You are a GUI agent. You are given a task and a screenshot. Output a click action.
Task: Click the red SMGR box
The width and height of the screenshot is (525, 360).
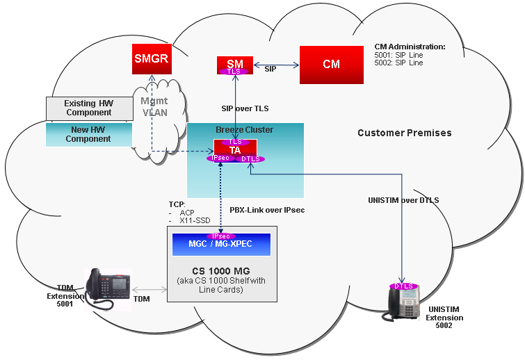click(152, 59)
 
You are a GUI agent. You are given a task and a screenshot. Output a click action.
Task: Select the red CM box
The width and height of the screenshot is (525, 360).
click(332, 65)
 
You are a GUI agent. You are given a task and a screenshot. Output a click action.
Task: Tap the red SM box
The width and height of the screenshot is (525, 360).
click(235, 65)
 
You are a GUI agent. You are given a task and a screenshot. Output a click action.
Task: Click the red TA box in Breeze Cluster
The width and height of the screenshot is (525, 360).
click(235, 151)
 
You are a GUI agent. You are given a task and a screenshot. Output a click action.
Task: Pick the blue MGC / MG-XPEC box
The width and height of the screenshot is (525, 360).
click(221, 245)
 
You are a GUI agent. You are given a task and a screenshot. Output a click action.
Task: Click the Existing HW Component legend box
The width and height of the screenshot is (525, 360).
click(90, 108)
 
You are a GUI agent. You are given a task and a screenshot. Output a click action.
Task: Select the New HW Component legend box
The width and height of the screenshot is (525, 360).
click(89, 135)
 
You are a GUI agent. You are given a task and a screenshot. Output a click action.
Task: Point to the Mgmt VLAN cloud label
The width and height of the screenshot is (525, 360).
click(154, 107)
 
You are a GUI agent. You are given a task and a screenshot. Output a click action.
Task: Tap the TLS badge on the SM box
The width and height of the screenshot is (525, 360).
click(234, 72)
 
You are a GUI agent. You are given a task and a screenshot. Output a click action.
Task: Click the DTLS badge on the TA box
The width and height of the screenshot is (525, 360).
click(250, 159)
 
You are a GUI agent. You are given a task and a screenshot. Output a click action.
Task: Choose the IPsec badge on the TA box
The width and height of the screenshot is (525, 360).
click(220, 158)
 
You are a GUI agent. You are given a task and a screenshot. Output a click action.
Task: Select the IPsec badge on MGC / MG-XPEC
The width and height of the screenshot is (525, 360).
click(220, 236)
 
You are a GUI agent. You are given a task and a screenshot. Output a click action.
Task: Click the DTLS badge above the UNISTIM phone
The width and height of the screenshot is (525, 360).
click(404, 286)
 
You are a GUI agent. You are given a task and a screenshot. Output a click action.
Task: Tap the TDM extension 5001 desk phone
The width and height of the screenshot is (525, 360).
click(107, 289)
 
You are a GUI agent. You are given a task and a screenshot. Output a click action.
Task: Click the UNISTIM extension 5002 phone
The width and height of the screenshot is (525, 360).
click(402, 304)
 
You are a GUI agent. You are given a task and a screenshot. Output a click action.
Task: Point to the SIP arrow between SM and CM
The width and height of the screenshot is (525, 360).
click(276, 65)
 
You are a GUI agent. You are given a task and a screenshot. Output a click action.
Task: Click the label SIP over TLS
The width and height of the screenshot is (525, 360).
click(245, 108)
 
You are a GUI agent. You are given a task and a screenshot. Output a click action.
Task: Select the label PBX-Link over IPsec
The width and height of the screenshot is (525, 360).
click(267, 210)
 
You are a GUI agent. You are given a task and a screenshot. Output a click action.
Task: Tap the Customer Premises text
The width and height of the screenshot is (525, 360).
click(405, 133)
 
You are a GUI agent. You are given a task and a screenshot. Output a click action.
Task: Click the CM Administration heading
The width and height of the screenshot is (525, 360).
click(410, 47)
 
